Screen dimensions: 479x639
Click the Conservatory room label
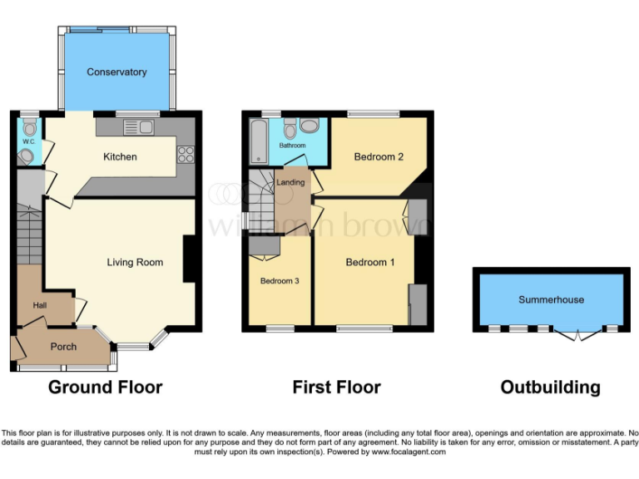(116, 72)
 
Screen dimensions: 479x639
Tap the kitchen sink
(138, 127)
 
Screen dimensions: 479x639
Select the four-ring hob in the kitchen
(184, 154)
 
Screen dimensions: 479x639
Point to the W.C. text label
(28, 141)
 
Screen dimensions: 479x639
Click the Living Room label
(135, 263)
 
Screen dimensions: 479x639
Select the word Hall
(40, 306)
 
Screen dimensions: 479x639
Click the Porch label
(63, 347)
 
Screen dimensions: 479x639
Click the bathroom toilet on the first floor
(290, 128)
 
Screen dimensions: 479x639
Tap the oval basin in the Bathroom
(310, 126)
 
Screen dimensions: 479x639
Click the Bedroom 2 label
(379, 157)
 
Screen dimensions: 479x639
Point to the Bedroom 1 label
(370, 263)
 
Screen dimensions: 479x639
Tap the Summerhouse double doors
(576, 334)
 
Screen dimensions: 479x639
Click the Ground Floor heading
(105, 387)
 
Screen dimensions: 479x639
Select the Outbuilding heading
(550, 387)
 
